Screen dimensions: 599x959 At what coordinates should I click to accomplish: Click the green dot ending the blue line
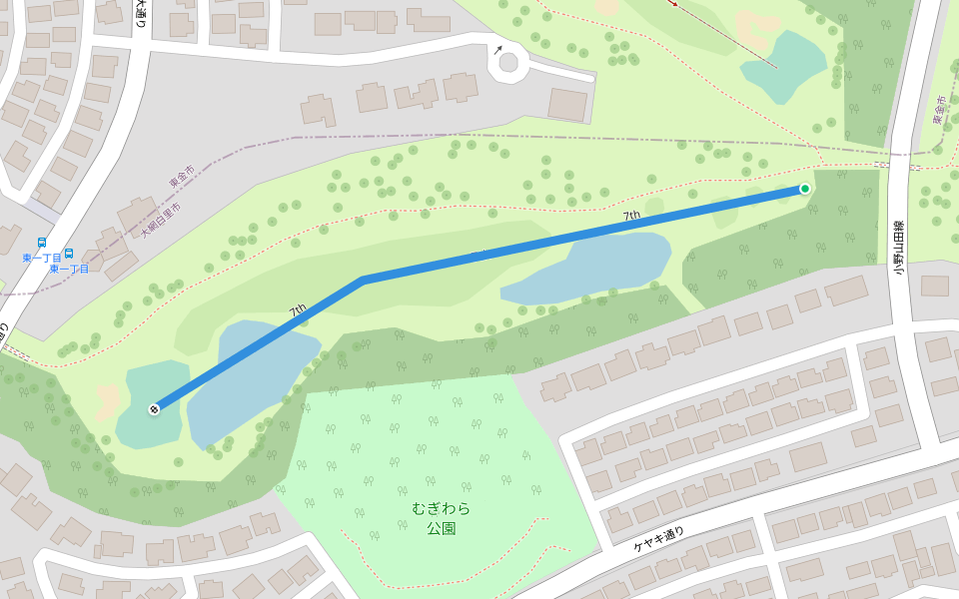tap(804, 189)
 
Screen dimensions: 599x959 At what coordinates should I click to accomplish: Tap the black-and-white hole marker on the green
tap(154, 408)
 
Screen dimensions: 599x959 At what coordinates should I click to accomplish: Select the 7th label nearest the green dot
tap(631, 216)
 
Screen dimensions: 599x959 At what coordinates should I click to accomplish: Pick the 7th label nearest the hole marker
tap(298, 311)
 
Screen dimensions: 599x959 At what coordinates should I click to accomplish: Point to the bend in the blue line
tap(362, 280)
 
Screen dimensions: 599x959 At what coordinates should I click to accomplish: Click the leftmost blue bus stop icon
tap(41, 243)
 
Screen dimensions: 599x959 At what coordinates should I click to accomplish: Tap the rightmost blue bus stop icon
tap(69, 254)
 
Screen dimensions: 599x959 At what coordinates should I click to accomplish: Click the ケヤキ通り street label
tap(659, 539)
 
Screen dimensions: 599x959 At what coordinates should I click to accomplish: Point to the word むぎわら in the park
tap(441, 508)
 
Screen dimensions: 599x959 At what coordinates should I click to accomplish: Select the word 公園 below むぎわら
tap(441, 528)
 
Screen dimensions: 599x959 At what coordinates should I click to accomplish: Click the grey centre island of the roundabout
tap(508, 64)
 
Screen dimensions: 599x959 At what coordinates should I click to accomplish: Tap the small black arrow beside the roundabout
tap(497, 48)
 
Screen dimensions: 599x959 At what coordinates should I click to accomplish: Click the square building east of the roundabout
tap(567, 104)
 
